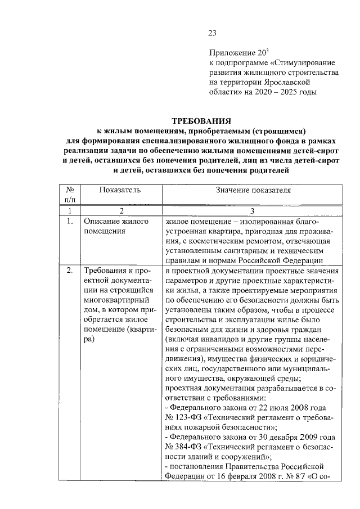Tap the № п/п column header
pyautogui.click(x=70, y=195)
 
